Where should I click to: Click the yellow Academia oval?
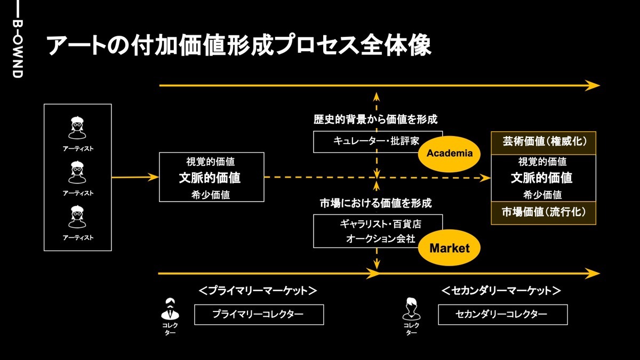click(x=450, y=154)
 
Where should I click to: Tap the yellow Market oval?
click(x=450, y=248)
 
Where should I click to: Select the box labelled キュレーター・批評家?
click(x=378, y=141)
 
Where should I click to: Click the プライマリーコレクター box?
click(x=259, y=315)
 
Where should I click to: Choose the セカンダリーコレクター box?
click(x=502, y=315)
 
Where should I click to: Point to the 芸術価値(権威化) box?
click(x=543, y=142)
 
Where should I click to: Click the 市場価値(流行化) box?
click(x=543, y=213)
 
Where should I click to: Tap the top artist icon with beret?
click(x=78, y=127)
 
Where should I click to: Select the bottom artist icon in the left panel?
click(x=78, y=217)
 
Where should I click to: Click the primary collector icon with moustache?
click(x=170, y=308)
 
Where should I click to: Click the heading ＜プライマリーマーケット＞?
click(x=258, y=291)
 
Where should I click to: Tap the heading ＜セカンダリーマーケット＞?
click(x=501, y=291)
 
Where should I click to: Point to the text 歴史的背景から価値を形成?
click(x=378, y=119)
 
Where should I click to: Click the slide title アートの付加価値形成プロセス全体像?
click(x=239, y=46)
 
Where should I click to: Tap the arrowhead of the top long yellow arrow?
click(x=593, y=85)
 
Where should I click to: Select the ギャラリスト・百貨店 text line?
click(x=384, y=223)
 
